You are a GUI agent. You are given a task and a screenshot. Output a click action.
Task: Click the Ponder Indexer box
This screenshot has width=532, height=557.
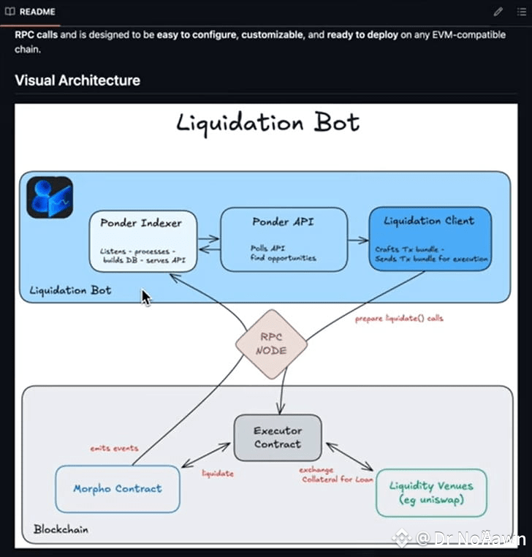143,241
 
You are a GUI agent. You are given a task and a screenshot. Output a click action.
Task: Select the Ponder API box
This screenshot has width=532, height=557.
284,239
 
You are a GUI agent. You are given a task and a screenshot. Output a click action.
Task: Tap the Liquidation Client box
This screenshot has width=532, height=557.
429,239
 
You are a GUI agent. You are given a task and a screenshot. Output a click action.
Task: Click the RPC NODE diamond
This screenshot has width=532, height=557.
271,344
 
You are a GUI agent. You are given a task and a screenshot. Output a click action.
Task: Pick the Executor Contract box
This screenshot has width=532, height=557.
277,436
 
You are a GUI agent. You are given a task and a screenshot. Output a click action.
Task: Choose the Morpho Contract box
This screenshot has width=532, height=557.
117,488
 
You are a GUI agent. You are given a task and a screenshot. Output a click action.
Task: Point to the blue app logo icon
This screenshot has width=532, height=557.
50,197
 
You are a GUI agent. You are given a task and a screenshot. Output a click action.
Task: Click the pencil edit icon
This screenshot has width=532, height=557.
498,12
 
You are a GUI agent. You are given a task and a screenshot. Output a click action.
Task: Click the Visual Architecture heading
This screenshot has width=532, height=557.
77,80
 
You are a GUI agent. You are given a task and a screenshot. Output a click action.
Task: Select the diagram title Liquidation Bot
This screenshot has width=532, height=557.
267,123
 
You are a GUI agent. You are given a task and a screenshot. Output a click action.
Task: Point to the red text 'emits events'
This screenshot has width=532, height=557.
113,448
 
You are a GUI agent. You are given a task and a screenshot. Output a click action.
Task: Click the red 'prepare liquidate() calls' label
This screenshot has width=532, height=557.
399,319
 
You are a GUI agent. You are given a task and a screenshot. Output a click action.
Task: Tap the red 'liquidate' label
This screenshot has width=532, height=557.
218,474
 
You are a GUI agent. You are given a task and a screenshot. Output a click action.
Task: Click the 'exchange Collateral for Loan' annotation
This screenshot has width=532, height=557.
337,474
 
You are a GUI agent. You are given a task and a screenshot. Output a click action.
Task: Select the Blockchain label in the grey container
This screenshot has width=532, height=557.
61,528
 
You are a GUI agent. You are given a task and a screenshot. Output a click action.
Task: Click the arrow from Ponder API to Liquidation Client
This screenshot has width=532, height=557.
357,239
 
